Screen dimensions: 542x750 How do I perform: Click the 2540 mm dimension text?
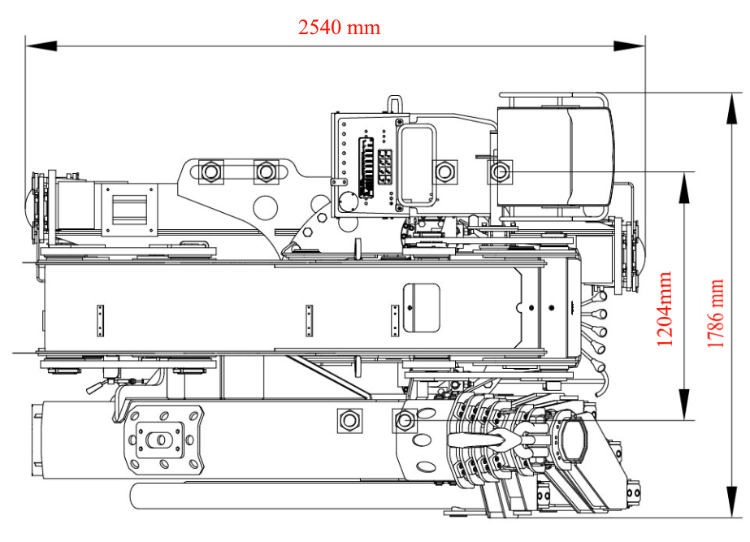339,27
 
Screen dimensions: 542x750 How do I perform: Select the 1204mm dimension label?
665,309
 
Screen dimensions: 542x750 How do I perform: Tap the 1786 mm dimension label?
715,314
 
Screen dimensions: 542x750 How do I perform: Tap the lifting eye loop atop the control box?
394,104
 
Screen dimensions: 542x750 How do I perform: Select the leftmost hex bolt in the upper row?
210,171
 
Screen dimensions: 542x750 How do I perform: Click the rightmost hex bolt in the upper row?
500,171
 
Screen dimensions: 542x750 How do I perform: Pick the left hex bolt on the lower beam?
349,419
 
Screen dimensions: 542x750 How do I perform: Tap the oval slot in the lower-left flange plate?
161,440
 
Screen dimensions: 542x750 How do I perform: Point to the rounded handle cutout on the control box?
416,163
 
